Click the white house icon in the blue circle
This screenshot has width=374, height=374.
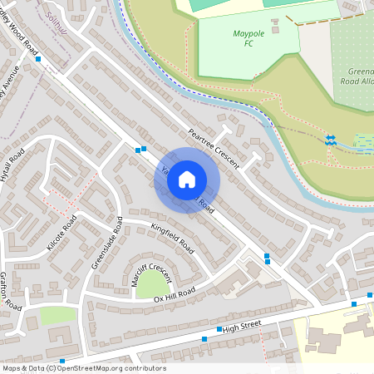(187, 180)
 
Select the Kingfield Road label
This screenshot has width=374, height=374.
(172, 237)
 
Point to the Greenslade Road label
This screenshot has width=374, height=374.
(107, 244)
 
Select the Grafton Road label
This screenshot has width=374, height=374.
(10, 292)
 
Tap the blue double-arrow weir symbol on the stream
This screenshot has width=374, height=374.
(330, 140)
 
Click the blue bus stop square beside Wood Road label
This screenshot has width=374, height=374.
(38, 60)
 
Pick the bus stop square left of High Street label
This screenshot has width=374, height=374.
(219, 330)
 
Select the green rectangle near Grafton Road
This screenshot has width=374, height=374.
(58, 316)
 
